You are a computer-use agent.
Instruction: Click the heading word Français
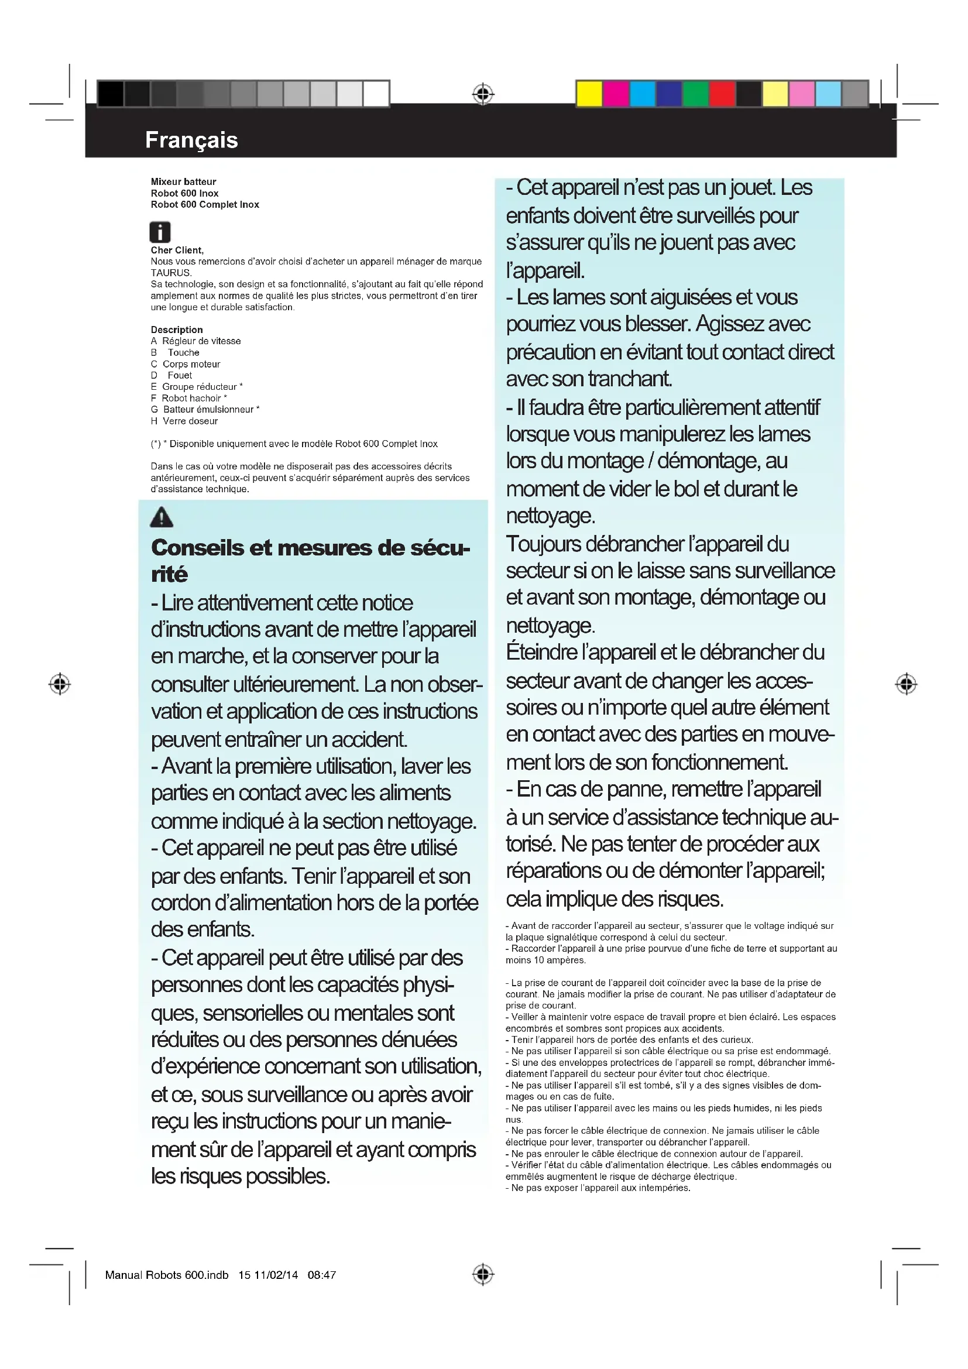pos(191,140)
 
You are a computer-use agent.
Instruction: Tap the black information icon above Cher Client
pos(160,232)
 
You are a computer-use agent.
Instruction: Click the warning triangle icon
pos(162,517)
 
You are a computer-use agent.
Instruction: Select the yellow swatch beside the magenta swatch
pos(589,94)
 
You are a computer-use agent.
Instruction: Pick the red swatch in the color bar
pos(722,94)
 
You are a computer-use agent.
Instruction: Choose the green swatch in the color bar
pos(696,94)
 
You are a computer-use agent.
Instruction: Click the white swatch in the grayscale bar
pos(376,94)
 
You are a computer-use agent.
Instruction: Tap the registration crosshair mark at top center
pos(483,94)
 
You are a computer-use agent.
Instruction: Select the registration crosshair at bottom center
pos(483,1274)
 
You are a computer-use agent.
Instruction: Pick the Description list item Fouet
pos(180,376)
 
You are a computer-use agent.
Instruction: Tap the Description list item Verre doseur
pos(190,421)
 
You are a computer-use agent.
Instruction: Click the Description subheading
pos(176,330)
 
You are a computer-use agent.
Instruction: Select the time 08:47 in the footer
pos(322,1275)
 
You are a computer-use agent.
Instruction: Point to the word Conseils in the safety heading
pos(197,548)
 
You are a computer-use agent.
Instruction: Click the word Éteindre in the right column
pos(542,652)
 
